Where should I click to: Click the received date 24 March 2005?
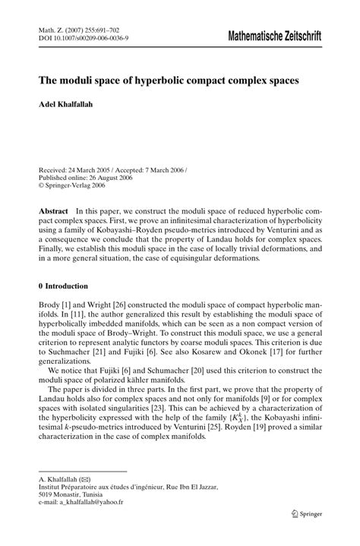93,172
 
